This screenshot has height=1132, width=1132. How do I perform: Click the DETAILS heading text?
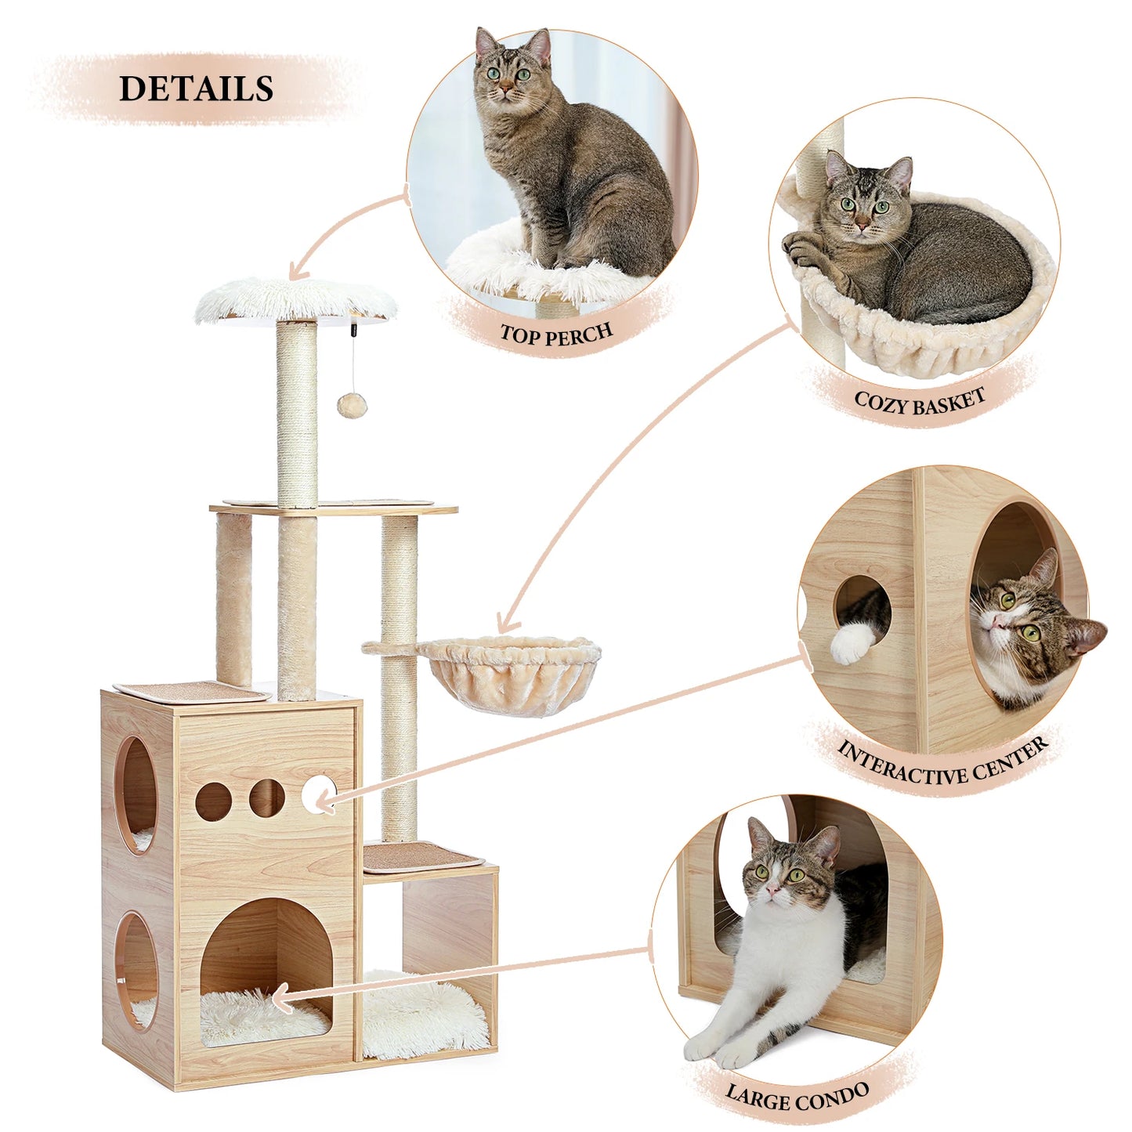(196, 89)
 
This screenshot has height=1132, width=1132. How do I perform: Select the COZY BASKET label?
(920, 402)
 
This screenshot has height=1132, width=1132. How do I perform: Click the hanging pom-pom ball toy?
(348, 404)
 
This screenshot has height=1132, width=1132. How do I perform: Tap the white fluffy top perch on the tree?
(296, 299)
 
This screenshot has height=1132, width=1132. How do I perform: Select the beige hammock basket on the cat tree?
(509, 670)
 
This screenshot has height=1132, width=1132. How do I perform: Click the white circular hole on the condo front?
(317, 797)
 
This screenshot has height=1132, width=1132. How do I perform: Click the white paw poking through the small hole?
(852, 644)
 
